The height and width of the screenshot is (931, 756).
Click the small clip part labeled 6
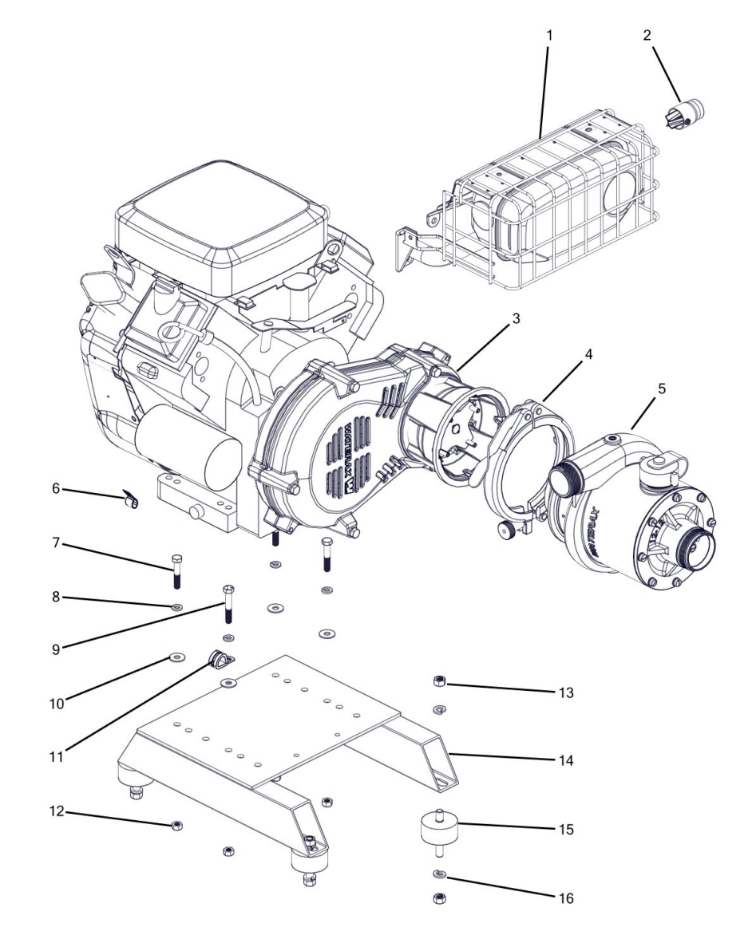(131, 500)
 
